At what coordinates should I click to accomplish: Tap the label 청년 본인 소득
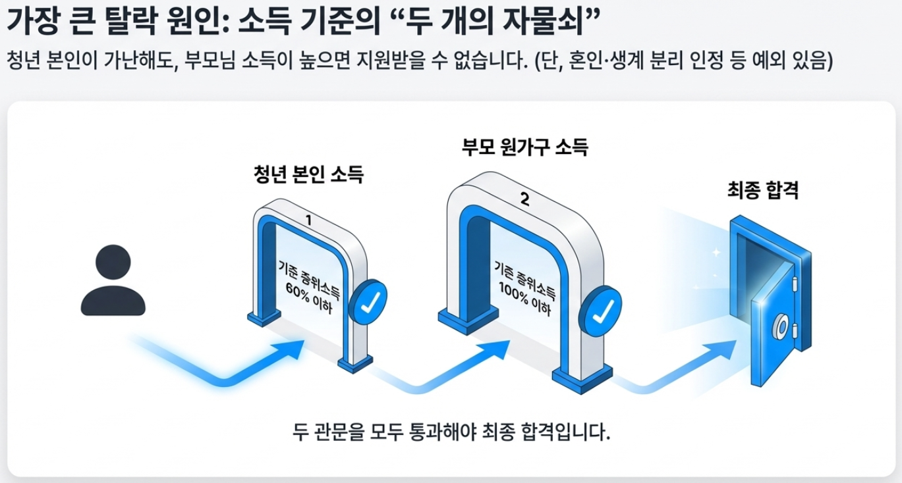[x=308, y=174]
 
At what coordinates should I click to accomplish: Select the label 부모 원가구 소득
[x=524, y=147]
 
